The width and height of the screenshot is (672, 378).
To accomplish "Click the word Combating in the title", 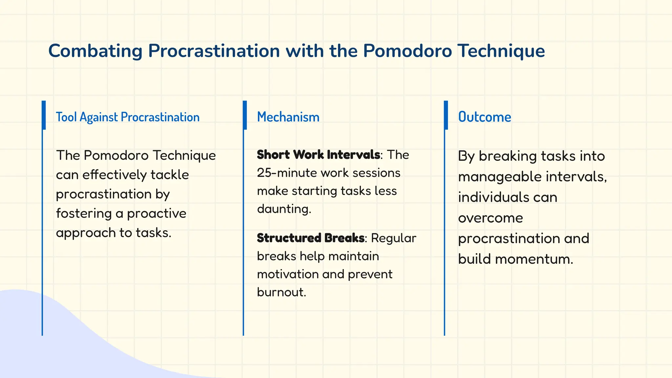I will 95,51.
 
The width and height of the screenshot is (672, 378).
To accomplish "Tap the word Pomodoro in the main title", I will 407,51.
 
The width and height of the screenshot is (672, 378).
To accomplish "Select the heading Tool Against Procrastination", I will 127,117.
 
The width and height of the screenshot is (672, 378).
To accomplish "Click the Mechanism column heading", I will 288,117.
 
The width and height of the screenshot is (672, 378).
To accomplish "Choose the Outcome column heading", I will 484,117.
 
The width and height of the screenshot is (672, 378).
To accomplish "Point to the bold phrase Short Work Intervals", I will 318,155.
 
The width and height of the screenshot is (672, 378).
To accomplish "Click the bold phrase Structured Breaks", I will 310,238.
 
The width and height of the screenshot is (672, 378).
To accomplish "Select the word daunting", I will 284,209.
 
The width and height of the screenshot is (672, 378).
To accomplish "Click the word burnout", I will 281,292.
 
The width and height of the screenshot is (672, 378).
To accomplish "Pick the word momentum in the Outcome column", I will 534,259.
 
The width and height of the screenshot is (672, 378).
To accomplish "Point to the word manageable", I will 499,177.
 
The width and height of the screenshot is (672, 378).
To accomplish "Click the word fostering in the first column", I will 84,214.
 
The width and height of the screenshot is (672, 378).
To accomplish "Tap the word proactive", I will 157,214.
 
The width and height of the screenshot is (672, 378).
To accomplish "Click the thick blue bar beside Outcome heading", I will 446,115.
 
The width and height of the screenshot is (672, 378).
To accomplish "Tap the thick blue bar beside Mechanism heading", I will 244,115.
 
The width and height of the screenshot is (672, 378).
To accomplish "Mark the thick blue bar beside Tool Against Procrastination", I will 44,115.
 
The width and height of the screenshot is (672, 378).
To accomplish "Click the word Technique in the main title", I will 501,51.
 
